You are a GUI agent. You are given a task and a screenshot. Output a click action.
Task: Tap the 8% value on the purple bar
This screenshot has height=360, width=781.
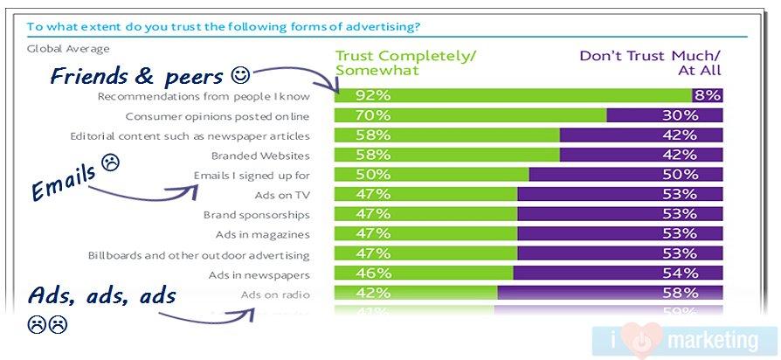coord(707,95)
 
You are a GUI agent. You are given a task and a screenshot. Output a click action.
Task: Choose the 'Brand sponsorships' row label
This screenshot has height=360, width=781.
coord(257,214)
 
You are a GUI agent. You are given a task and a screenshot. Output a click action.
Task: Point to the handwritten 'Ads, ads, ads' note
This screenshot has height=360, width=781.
coord(101,296)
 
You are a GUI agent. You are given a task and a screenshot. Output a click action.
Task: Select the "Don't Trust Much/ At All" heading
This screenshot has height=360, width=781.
coord(649,63)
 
